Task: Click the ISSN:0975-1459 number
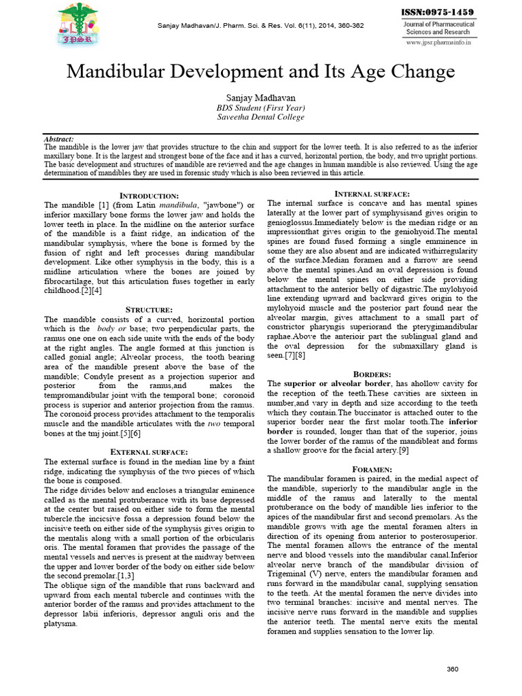[439, 12]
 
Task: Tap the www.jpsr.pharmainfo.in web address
[438, 43]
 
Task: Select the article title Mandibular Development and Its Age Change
[260, 72]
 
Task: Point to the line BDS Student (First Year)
[260, 107]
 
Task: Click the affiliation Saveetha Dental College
[260, 117]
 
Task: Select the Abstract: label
[58, 139]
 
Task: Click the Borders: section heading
[372, 375]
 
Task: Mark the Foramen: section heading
[372, 470]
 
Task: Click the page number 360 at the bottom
[453, 669]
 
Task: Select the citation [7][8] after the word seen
[296, 355]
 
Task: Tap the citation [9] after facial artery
[403, 451]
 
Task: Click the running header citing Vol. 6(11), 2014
[260, 26]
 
